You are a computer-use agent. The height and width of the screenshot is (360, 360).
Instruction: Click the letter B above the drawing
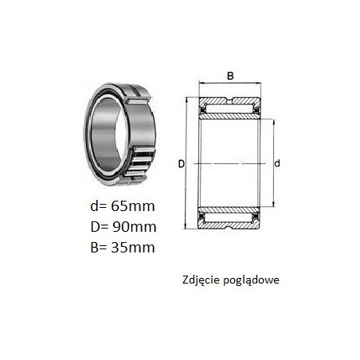[230, 76]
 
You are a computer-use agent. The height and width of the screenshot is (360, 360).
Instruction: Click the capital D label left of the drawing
[181, 164]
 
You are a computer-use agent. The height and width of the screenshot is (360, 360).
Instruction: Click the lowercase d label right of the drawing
[277, 163]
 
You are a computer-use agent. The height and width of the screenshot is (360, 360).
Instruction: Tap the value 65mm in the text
[133, 206]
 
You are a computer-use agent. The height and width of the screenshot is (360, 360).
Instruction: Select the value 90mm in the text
[134, 227]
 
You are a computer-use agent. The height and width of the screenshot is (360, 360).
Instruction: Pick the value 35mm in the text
[133, 248]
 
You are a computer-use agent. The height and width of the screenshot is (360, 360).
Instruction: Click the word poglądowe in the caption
[251, 280]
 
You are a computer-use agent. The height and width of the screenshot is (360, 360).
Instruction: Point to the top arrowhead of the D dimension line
[186, 100]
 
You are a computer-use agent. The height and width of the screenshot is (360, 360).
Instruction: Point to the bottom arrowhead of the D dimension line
[186, 226]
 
